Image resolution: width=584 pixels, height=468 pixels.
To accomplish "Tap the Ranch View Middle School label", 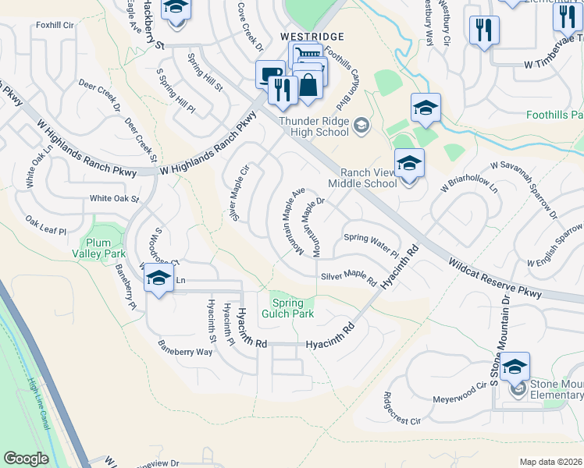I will point(362,178).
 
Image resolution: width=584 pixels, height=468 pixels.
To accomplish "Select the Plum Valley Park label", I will point(99,248).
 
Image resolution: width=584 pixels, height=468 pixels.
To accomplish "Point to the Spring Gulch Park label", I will point(292,308).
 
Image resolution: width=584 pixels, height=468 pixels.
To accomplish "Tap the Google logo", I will point(26,459).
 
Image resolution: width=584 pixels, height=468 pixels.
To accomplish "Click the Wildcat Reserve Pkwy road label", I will point(495,279).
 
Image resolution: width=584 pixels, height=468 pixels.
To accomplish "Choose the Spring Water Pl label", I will point(372,244).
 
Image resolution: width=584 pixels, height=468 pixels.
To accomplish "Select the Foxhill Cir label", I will point(55,24).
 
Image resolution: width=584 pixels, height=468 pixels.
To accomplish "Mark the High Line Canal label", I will point(42,400).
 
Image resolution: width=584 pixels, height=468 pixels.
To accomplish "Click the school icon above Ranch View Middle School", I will point(408,165).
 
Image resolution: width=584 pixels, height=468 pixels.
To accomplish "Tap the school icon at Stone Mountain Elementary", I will point(515,367).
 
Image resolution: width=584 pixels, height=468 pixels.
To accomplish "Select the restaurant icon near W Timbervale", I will point(484,30).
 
